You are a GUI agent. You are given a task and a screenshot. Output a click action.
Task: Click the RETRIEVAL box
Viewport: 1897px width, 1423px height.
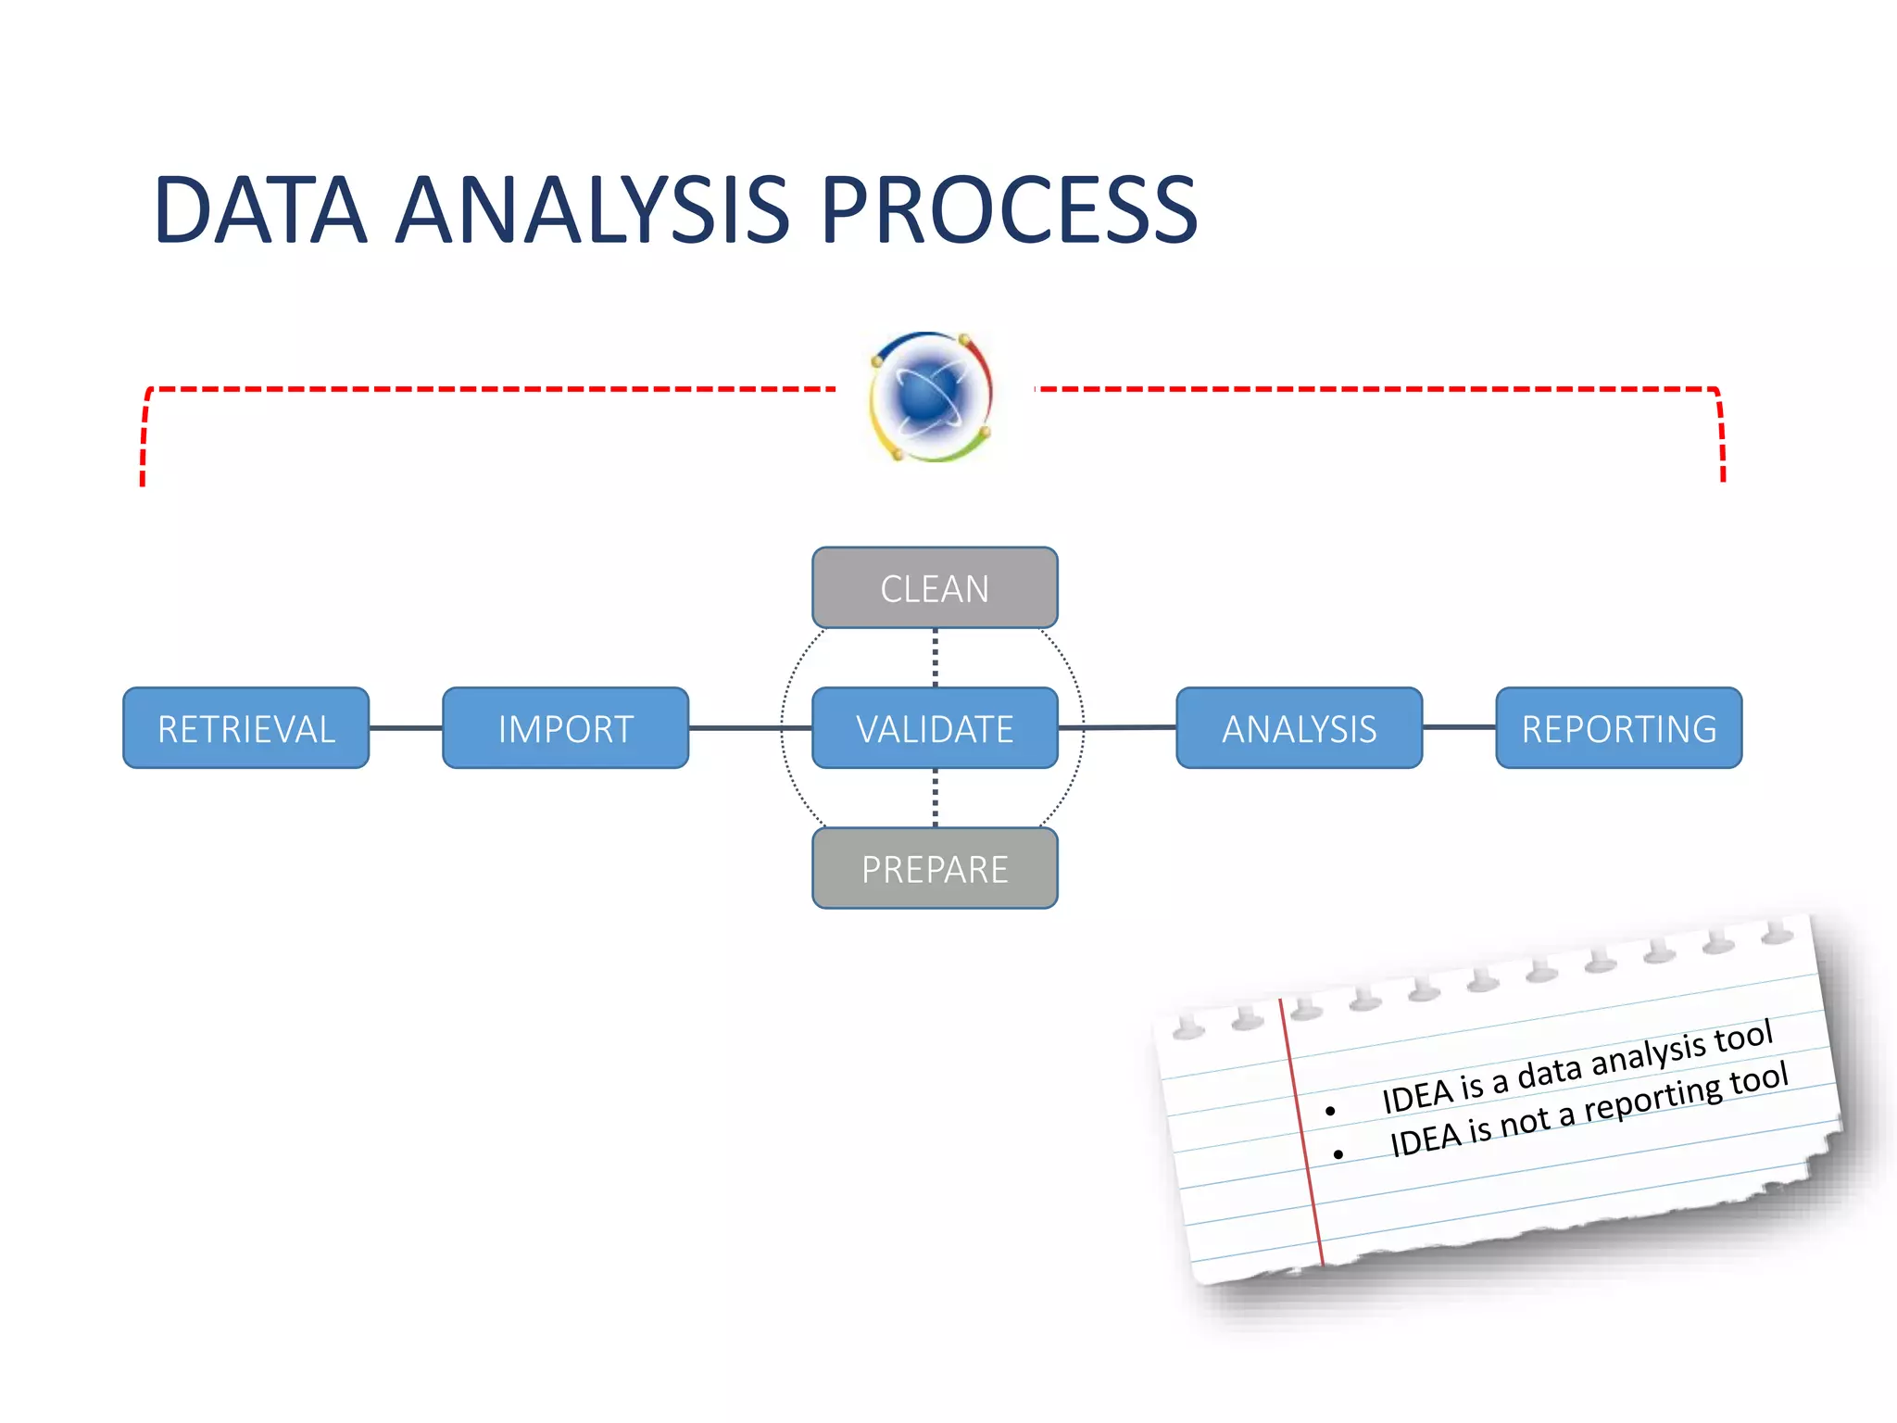246,728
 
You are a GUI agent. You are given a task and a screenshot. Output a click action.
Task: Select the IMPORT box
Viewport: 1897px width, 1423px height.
565,728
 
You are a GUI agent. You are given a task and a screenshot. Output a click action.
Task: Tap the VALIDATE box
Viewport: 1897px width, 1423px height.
935,728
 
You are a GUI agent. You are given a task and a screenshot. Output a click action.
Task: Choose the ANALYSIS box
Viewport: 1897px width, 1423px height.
1299,728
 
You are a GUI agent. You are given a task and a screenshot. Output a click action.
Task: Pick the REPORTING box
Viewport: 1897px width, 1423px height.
1618,728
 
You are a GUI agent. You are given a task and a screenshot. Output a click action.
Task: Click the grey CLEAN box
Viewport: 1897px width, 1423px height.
935,588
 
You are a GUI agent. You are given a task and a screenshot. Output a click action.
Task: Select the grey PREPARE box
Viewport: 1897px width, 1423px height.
935,869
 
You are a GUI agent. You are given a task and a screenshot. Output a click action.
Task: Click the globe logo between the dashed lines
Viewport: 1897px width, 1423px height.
932,397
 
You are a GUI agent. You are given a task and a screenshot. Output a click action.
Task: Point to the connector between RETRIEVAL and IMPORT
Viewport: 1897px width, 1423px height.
406,728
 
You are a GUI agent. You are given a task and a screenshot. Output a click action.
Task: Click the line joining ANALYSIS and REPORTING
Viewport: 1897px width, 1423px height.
1459,727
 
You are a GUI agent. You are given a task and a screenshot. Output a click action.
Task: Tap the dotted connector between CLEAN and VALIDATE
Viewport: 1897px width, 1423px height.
935,658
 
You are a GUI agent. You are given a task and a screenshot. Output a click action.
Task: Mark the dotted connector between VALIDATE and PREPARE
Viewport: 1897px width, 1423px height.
935,798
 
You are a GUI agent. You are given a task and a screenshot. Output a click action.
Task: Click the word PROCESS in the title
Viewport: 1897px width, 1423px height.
1010,211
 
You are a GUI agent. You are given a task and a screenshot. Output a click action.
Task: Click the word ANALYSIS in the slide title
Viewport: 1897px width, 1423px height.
593,211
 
